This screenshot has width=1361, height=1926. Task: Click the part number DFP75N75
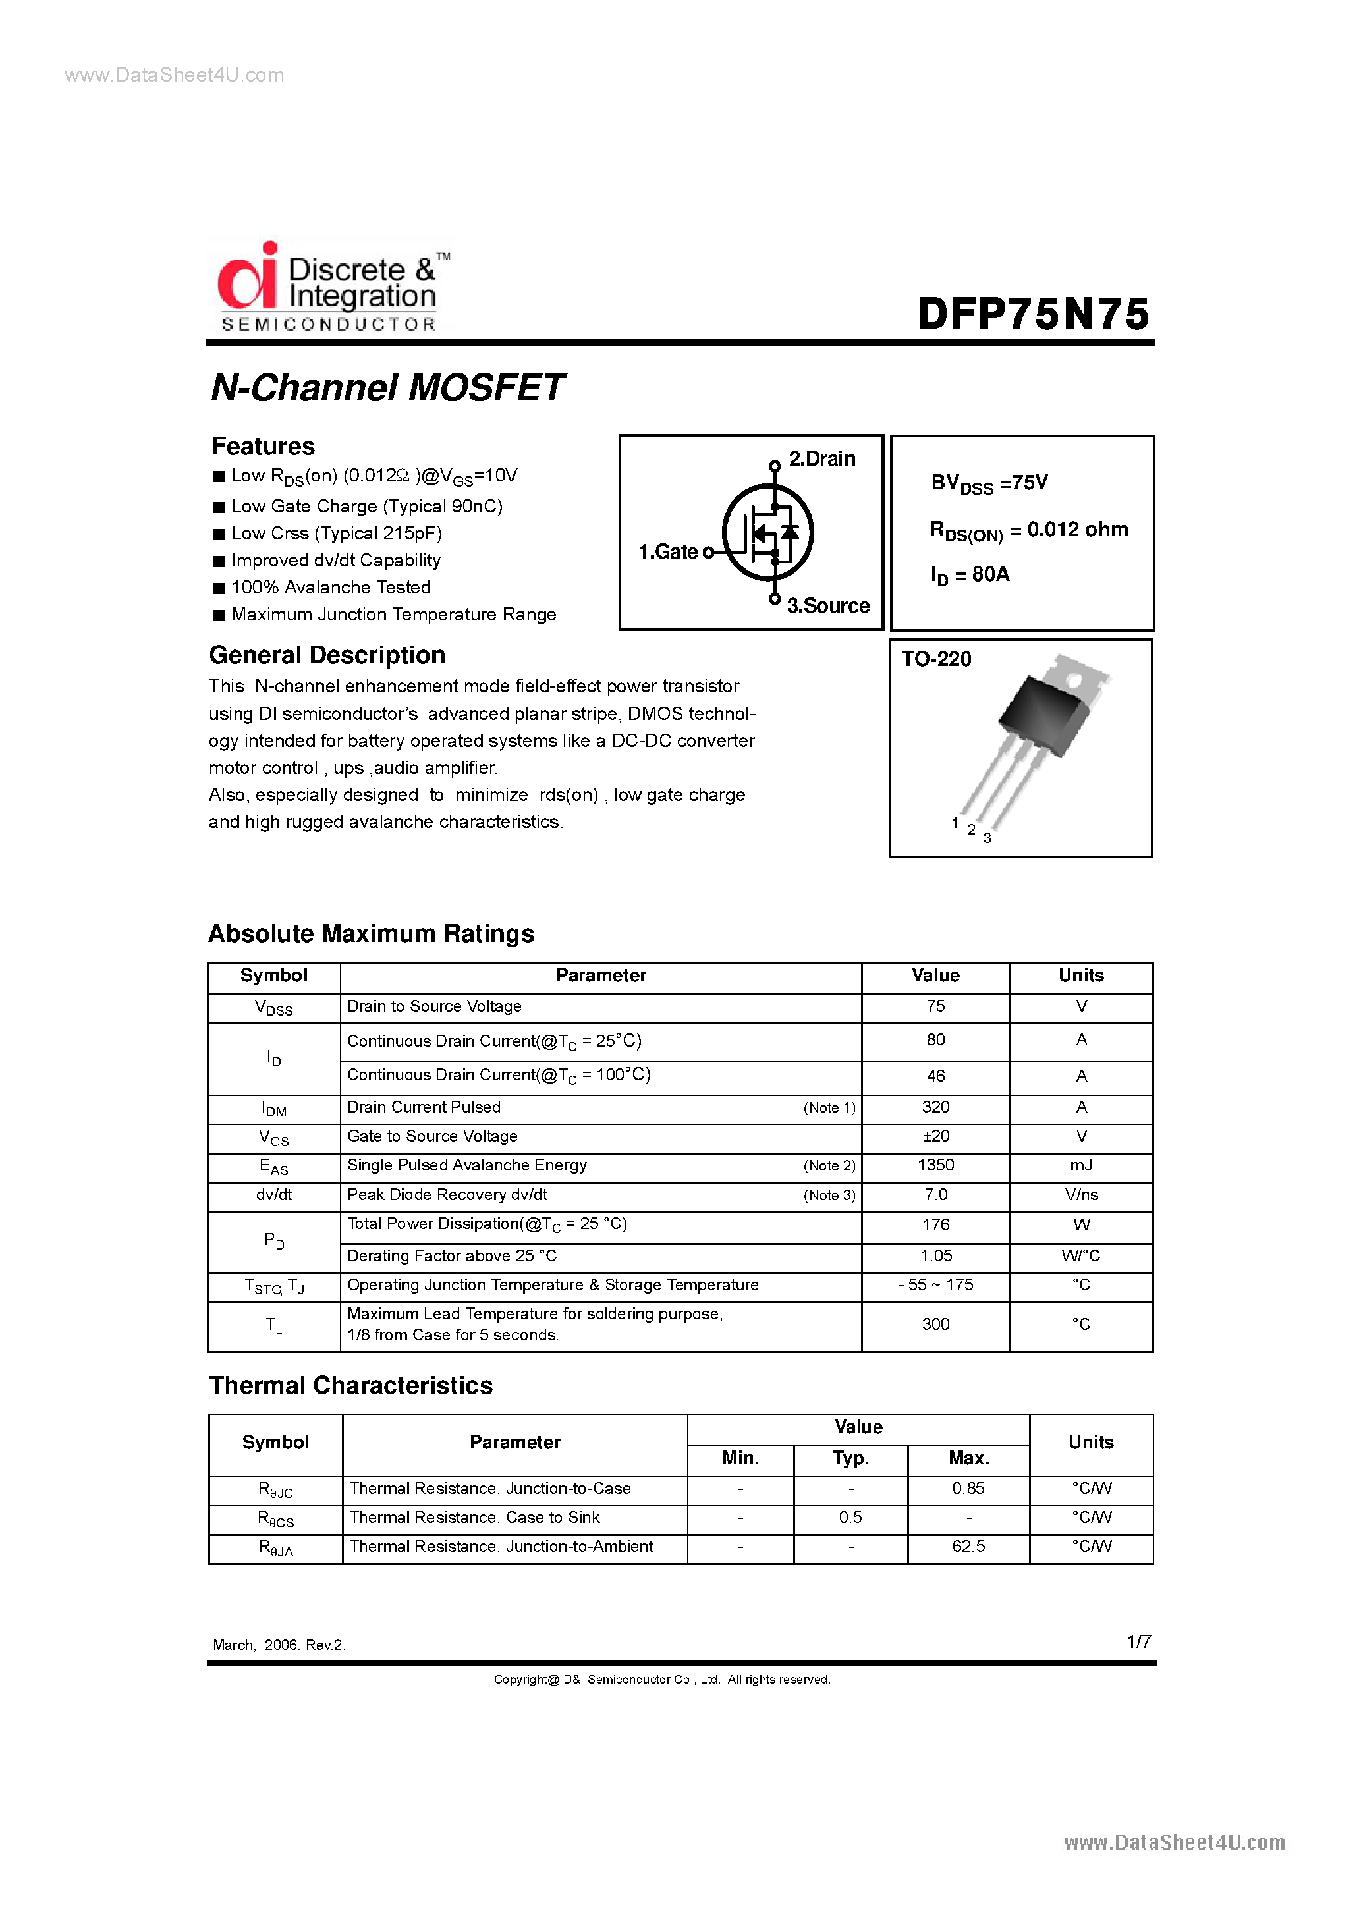point(1033,314)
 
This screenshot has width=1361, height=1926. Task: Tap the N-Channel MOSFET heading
point(387,387)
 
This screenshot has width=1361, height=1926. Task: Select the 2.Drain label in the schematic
point(821,459)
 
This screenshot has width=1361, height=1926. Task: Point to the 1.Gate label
point(668,552)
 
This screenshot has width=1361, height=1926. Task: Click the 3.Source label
point(827,605)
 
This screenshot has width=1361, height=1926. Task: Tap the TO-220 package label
point(935,659)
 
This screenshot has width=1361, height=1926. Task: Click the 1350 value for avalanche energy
point(935,1165)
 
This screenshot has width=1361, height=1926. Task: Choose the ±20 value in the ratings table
point(935,1136)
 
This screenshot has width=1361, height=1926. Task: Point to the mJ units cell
point(1081,1165)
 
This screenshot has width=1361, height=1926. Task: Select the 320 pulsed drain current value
point(935,1107)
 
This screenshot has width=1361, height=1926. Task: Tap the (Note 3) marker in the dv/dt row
point(828,1196)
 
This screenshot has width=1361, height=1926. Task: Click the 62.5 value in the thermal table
point(968,1546)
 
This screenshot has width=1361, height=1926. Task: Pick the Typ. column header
point(850,1459)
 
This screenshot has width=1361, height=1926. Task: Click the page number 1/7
point(1138,1641)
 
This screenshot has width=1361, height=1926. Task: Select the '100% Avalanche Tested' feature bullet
point(331,587)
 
